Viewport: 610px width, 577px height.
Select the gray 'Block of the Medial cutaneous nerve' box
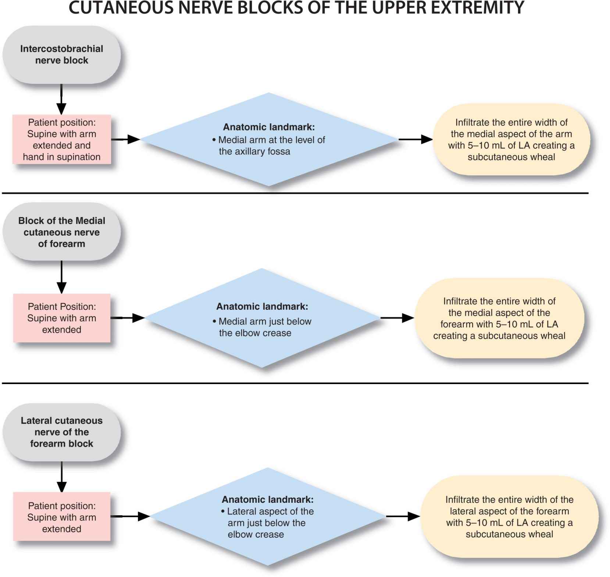coord(61,232)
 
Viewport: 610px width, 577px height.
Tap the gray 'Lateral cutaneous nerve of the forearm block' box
coord(61,432)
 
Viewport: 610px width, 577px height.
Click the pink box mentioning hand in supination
coord(61,140)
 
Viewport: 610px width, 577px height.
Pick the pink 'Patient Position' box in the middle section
coord(61,318)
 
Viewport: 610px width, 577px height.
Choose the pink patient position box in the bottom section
coord(61,517)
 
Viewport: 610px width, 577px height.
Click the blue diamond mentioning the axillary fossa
coord(269,140)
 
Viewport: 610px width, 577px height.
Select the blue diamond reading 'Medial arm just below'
coord(262,318)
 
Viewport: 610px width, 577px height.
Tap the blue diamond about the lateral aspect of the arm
coord(268,517)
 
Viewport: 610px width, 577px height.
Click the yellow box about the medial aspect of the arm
coord(511,140)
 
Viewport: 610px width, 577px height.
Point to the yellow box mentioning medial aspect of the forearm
coord(499,318)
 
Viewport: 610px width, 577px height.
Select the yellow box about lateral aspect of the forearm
coord(509,517)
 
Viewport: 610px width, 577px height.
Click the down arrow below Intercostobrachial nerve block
coord(61,99)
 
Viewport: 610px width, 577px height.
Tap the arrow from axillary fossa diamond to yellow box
coord(415,139)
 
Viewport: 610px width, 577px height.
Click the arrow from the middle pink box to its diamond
coord(127,318)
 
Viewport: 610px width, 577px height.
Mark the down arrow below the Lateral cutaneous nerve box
coord(61,477)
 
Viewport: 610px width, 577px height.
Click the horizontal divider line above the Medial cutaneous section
coord(294,193)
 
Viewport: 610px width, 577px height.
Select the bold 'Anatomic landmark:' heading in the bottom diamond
coord(267,499)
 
